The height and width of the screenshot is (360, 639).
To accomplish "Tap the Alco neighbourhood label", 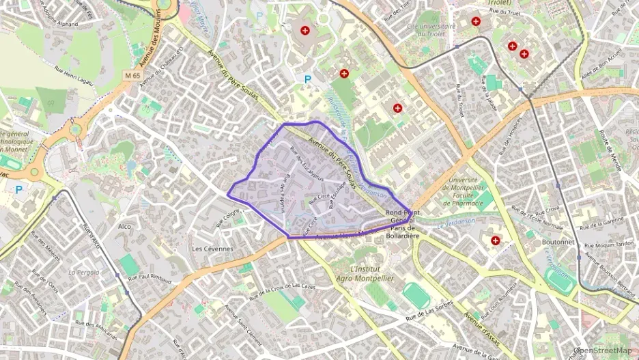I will [124, 226].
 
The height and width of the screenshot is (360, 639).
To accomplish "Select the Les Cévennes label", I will [212, 249].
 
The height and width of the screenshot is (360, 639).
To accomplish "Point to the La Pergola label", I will [84, 271].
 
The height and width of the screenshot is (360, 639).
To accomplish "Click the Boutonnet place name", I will [540, 242].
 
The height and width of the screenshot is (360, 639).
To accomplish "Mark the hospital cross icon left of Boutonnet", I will [495, 240].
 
